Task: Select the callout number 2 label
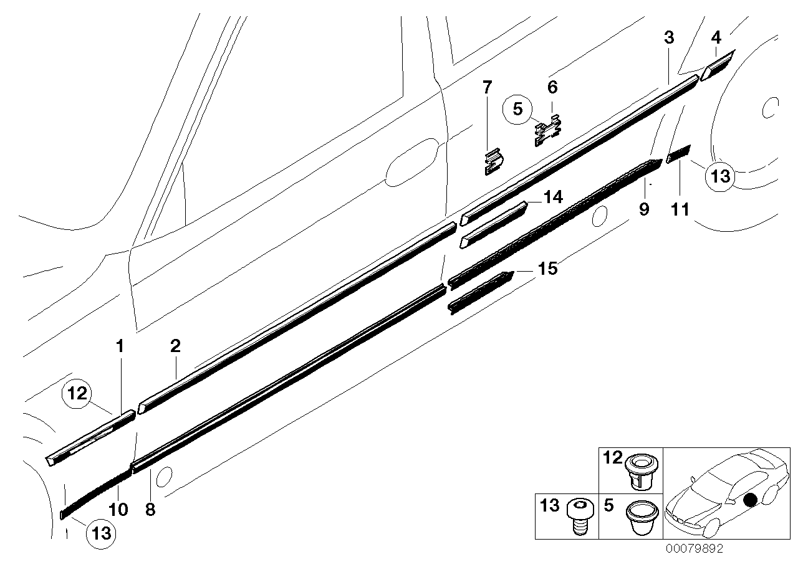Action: [x=175, y=346]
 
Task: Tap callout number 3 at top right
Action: [x=669, y=37]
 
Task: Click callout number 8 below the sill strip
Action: [x=150, y=509]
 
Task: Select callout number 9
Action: [x=644, y=209]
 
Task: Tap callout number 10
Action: [x=118, y=509]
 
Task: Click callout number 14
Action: [x=552, y=198]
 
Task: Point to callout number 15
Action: [x=547, y=269]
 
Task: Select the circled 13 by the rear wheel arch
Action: [x=720, y=176]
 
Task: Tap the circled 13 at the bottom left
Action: [x=101, y=533]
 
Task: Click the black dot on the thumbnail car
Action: [x=751, y=499]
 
